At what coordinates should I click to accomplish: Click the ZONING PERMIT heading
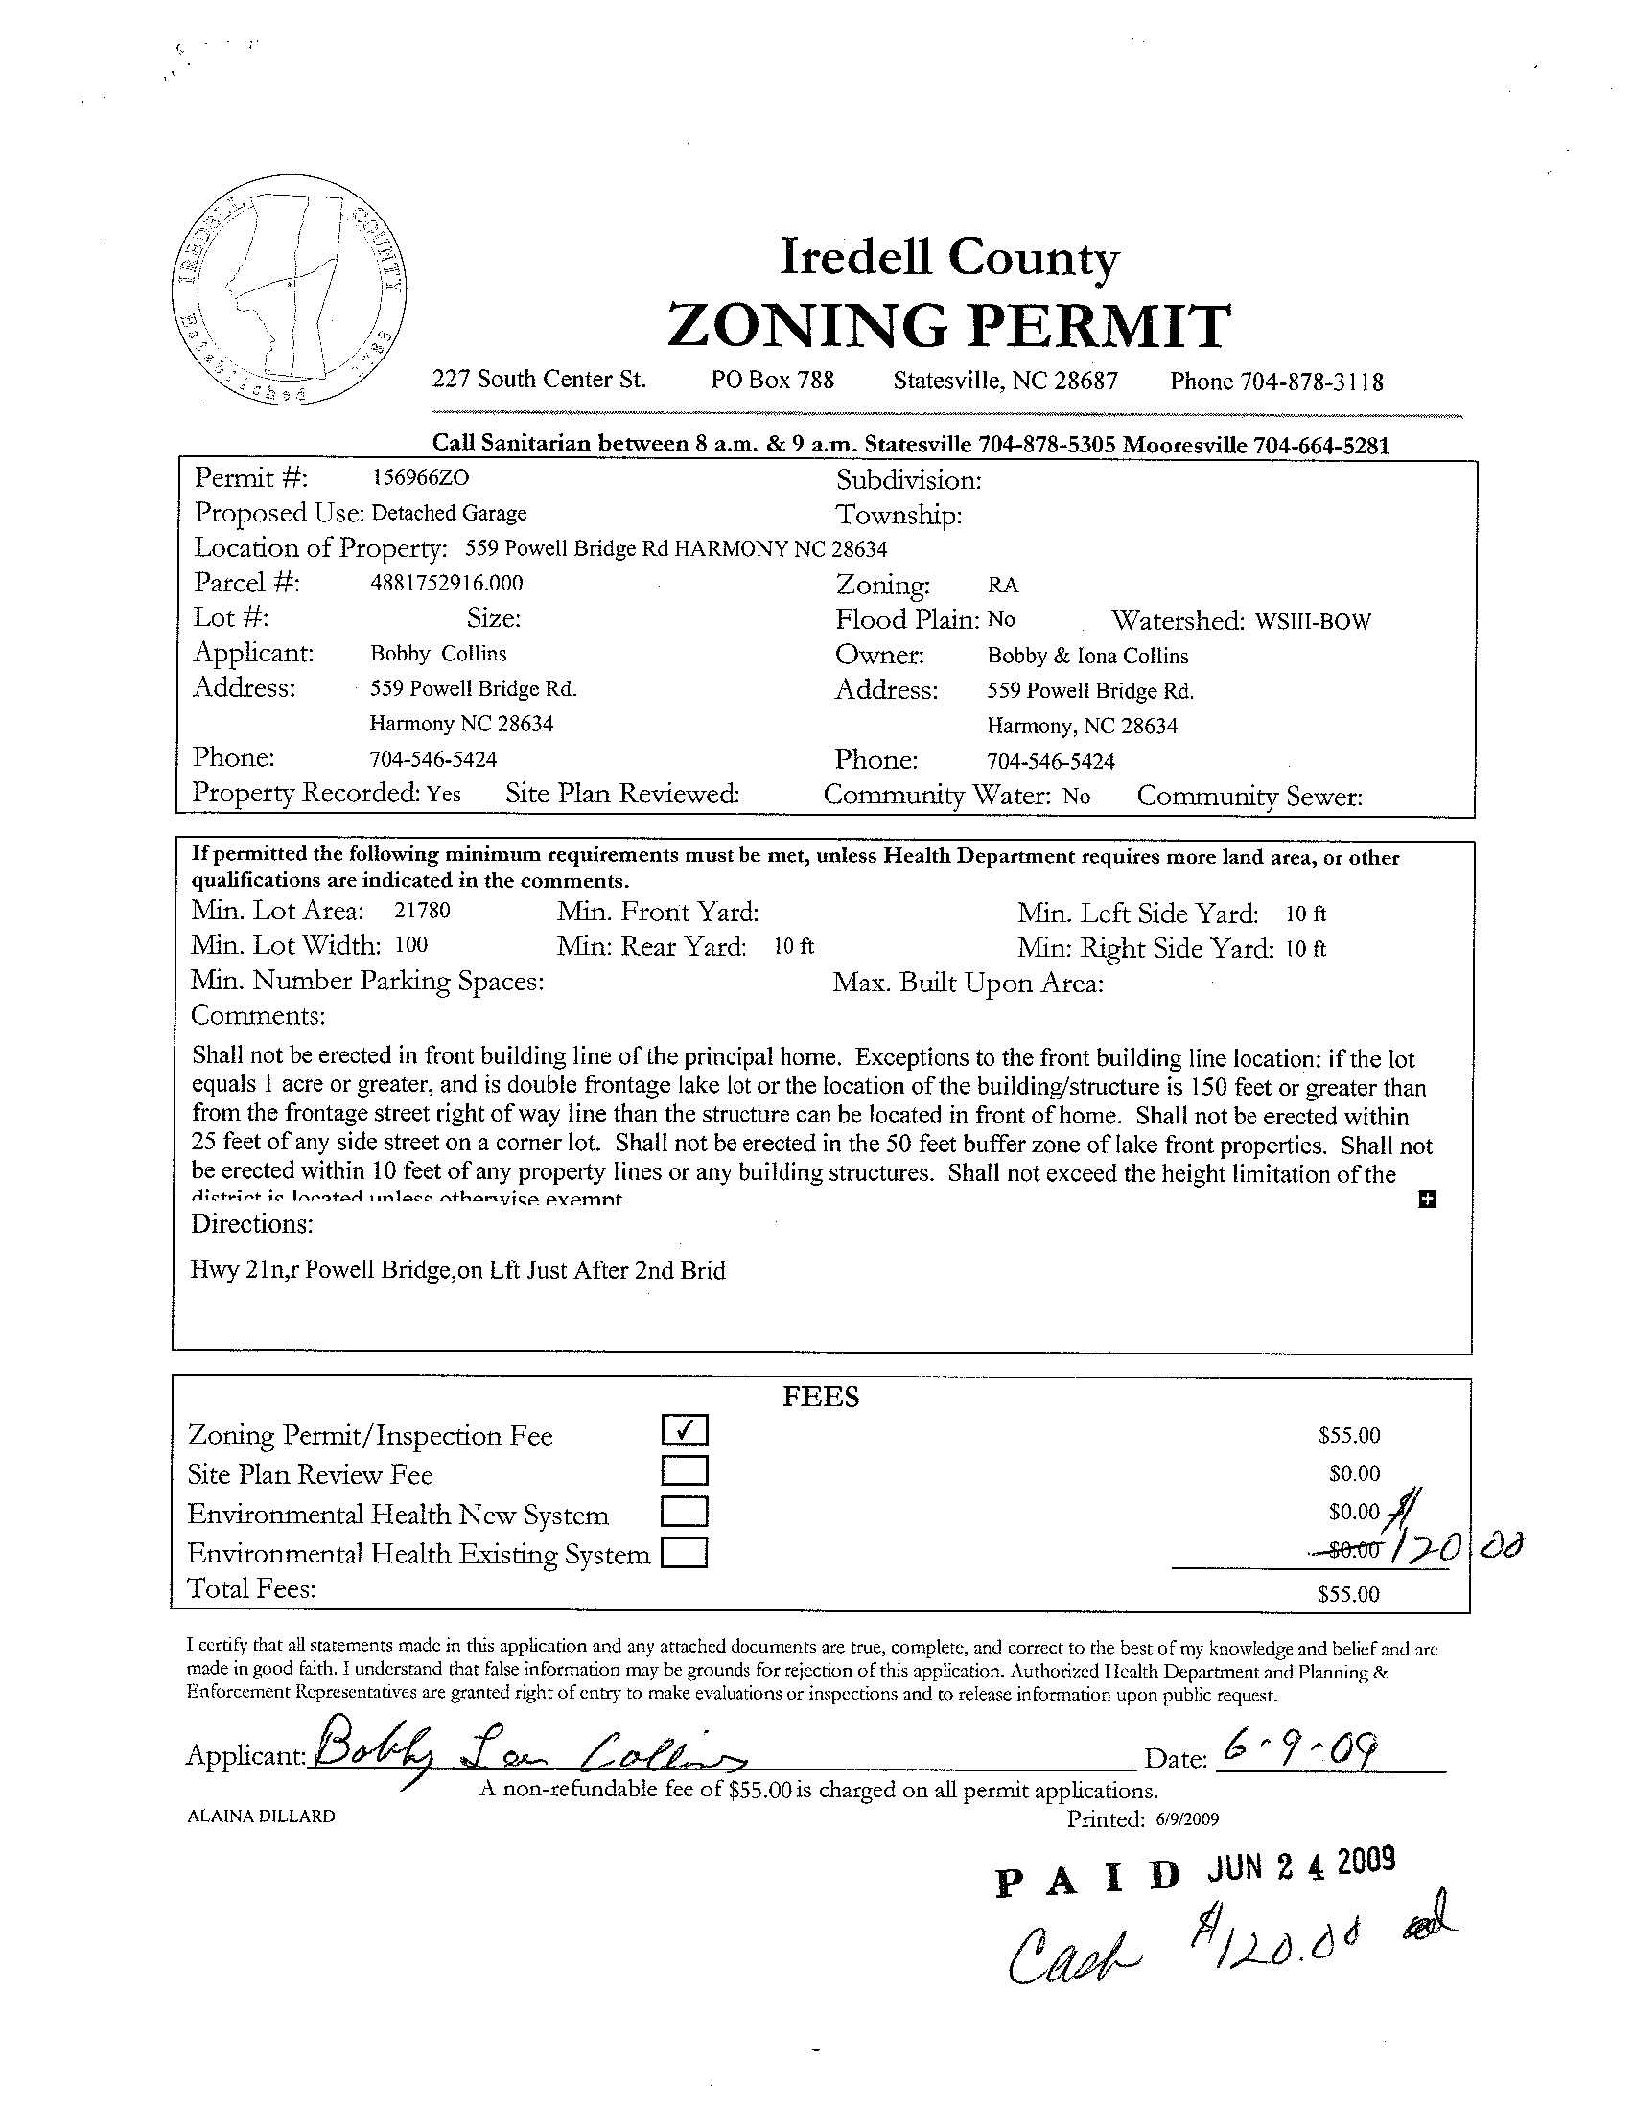click(x=948, y=325)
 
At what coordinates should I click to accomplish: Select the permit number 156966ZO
click(x=421, y=476)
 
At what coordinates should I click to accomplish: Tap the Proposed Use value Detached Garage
click(x=450, y=513)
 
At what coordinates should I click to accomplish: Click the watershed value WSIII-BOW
click(x=1313, y=621)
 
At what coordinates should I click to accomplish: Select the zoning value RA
click(x=1003, y=586)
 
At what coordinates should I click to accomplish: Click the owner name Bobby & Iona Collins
click(x=1088, y=656)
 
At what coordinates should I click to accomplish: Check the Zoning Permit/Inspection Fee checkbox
click(x=685, y=1429)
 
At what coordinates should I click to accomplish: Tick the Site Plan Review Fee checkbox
click(x=685, y=1470)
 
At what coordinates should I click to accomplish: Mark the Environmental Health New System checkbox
click(x=685, y=1511)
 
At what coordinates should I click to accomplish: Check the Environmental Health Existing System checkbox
click(x=685, y=1553)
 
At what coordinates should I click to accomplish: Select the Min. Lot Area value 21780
click(x=423, y=911)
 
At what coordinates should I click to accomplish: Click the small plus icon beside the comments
click(x=1428, y=1198)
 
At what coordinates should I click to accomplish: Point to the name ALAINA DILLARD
click(x=262, y=1816)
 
